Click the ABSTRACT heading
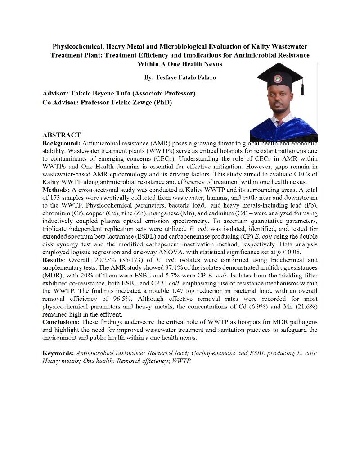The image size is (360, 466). coord(61,135)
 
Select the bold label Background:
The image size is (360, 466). coord(61,143)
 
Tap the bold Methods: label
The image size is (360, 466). coord(56,190)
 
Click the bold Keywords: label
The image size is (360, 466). coord(58,353)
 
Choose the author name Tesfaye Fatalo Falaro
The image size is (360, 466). coord(180,77)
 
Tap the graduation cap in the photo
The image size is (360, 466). coord(280,77)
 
